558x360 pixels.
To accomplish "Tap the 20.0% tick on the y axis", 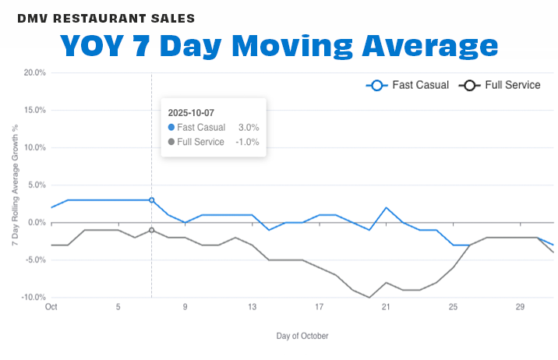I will pos(34,72).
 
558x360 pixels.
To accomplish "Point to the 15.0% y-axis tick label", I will pos(34,110).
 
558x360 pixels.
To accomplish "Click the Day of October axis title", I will pos(302,336).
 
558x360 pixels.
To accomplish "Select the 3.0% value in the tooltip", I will pos(249,127).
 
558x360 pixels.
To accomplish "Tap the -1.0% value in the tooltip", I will pos(247,142).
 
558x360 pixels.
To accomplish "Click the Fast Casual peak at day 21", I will pos(386,208).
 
